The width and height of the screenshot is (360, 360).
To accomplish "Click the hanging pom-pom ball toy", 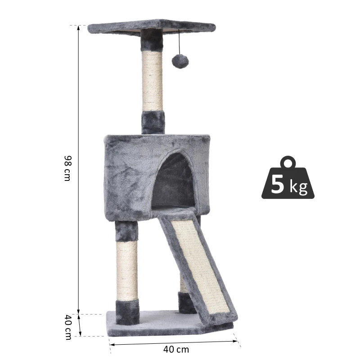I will pos(180,62).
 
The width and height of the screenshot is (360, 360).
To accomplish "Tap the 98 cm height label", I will pos(67,168).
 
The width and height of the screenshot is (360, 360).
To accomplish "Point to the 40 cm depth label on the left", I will pos(67,327).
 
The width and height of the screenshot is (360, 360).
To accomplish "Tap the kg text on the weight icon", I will pos(298,187).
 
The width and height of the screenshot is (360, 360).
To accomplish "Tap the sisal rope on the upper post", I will pos(152,81).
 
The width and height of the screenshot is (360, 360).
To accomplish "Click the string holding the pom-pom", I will pos(180,43).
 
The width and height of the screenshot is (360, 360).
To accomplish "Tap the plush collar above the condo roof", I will pos(153,122).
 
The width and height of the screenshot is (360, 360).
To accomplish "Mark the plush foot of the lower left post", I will pos(128,311).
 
